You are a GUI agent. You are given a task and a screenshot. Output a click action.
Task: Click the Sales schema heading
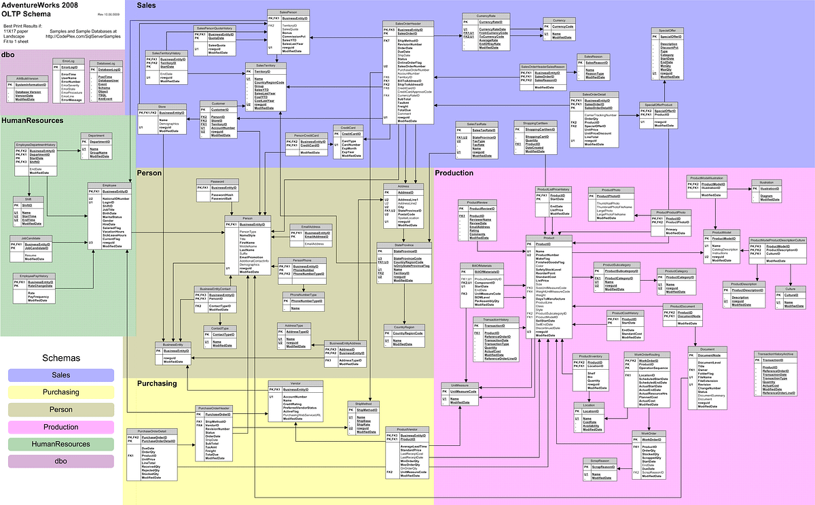(147, 5)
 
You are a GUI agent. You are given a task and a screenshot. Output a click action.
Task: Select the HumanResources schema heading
(33, 120)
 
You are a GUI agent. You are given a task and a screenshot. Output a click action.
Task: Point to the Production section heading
(454, 173)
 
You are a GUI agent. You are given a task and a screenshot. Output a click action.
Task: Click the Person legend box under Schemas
(61, 410)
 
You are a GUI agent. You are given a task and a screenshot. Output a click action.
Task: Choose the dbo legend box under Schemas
(61, 462)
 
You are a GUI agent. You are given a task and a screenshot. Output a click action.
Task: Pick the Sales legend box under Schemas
(61, 375)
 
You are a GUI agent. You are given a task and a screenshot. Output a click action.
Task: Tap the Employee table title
(109, 186)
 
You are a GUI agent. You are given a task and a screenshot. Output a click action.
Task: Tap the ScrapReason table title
(600, 461)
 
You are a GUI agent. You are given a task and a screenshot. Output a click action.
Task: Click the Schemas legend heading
(61, 357)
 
